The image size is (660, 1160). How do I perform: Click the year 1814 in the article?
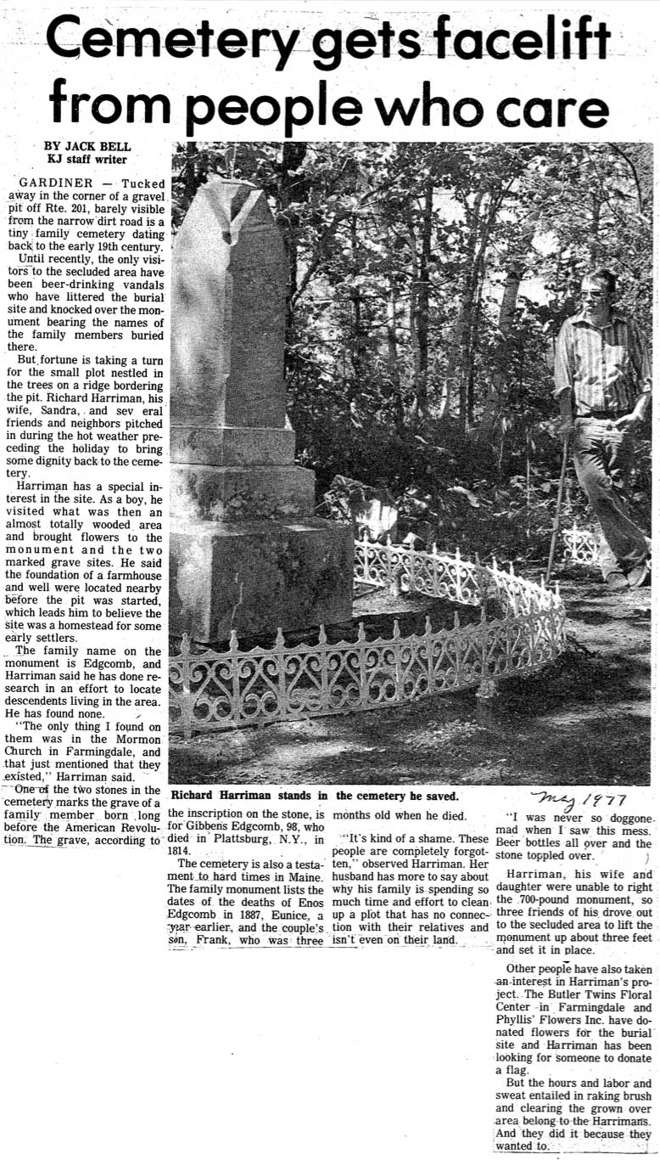point(183,848)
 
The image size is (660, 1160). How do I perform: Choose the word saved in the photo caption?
point(437,796)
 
